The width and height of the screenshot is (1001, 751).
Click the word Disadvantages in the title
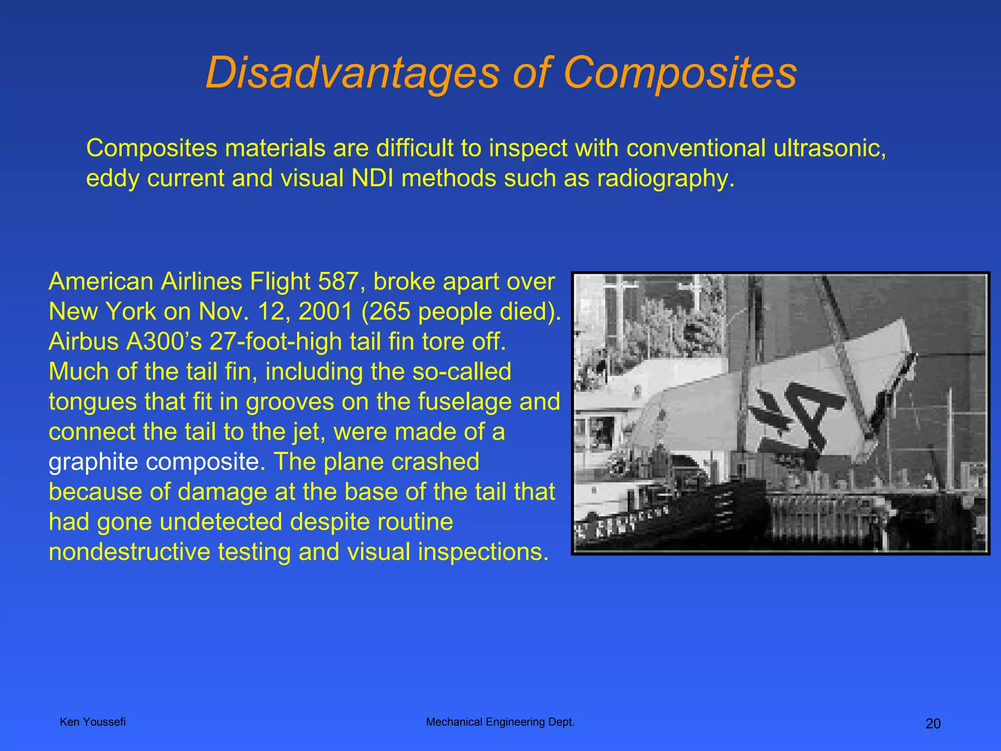[352, 73]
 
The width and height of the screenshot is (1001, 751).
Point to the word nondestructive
[129, 552]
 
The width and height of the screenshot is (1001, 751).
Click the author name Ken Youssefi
[92, 722]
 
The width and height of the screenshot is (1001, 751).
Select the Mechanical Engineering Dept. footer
[500, 722]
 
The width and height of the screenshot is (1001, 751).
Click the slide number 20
[933, 724]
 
